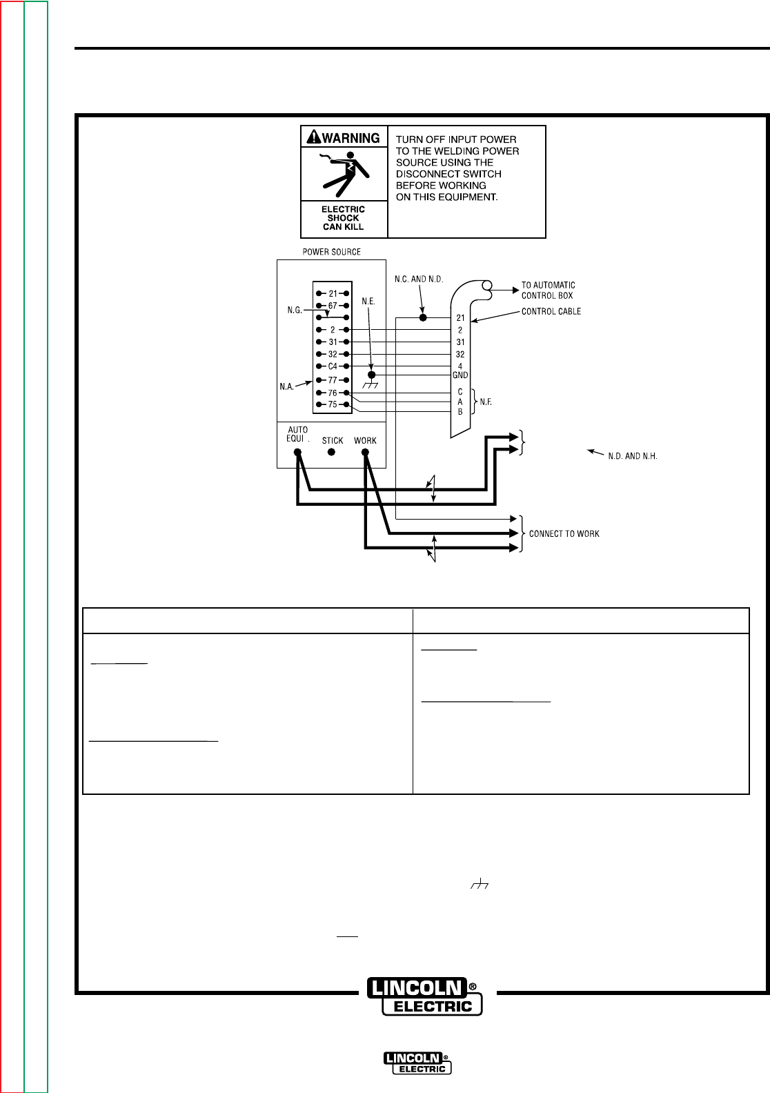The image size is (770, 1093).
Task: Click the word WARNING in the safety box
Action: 351,138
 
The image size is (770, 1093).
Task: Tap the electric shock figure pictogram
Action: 344,175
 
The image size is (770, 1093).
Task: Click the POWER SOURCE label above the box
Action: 331,252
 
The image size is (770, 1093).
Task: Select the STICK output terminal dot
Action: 331,453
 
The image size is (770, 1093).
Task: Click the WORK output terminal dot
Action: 365,453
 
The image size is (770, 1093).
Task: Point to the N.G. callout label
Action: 295,311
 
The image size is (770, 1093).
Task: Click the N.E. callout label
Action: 368,302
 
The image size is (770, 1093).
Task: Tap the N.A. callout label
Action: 287,386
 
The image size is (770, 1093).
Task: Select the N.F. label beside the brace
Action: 486,402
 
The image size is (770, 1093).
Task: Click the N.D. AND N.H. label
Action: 632,456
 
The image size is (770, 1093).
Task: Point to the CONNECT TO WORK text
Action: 564,534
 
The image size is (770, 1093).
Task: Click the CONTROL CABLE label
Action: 551,312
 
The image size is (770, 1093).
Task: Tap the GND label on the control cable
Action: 460,375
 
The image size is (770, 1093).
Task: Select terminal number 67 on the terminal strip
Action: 333,306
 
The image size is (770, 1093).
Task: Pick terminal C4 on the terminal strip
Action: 333,366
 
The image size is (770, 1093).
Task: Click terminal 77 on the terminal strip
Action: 333,380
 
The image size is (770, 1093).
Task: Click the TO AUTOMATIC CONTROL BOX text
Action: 548,290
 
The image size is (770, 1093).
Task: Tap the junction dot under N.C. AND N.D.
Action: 424,318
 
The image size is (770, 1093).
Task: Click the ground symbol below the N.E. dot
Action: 371,384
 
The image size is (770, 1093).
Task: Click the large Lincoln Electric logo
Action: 424,996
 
